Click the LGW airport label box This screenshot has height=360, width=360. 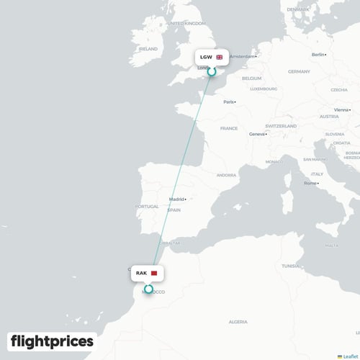click(211, 57)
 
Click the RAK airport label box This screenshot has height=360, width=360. click(148, 274)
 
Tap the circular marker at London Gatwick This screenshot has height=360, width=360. click(211, 72)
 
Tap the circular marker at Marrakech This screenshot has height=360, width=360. click(148, 289)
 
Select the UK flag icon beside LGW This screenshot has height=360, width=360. click(219, 57)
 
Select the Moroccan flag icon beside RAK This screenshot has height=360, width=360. click(153, 274)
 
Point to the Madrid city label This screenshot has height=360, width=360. click(176, 199)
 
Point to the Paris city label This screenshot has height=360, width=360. click(228, 102)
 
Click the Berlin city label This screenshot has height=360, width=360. click(318, 55)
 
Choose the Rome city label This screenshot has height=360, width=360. click(310, 183)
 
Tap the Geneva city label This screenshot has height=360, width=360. click(257, 134)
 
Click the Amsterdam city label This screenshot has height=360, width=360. click(243, 56)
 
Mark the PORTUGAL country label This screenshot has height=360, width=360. click(146, 207)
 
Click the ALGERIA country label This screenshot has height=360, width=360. click(238, 321)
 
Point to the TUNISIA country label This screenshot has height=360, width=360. click(290, 266)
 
